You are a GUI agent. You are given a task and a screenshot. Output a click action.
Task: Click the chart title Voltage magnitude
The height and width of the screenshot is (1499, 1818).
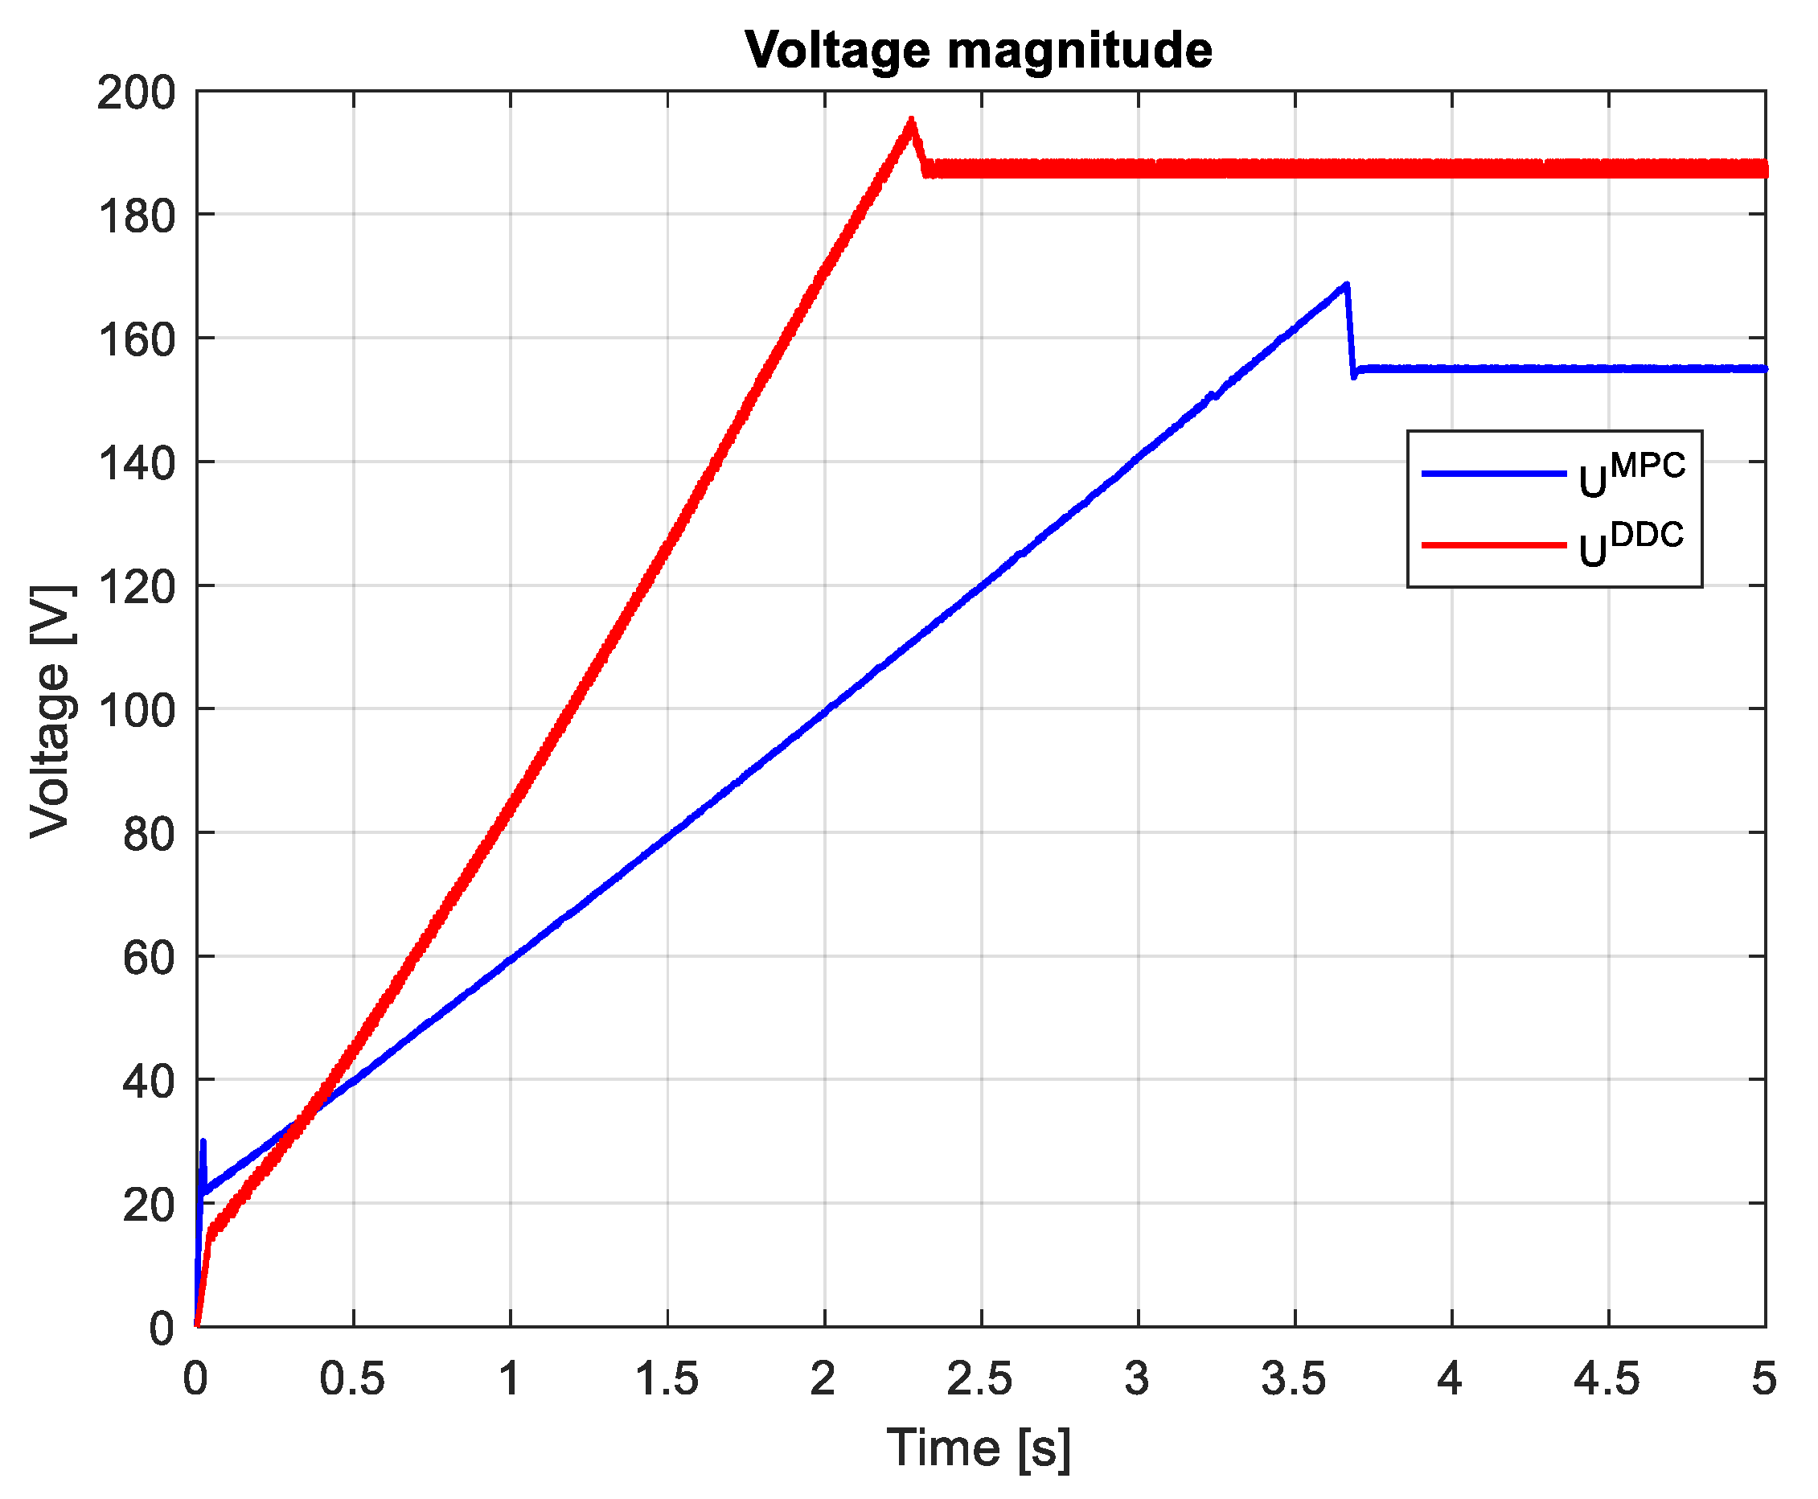978,50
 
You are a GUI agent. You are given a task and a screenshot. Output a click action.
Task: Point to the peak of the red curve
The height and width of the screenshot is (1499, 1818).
911,121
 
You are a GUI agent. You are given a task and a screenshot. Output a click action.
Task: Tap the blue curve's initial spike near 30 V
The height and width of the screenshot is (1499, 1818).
203,1143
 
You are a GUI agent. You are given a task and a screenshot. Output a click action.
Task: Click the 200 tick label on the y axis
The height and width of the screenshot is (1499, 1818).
136,92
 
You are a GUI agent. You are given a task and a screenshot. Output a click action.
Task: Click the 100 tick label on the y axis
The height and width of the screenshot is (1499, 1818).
136,710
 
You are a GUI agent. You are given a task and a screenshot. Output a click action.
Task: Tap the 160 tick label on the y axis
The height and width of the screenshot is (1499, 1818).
136,339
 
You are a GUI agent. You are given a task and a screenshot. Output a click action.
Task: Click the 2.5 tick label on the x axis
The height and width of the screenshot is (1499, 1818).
980,1379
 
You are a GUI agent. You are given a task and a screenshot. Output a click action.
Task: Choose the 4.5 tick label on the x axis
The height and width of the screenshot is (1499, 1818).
1607,1379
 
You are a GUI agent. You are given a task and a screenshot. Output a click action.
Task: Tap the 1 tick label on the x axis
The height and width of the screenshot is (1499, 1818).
509,1379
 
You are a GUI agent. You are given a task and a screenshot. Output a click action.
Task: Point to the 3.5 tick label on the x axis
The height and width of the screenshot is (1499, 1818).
1293,1379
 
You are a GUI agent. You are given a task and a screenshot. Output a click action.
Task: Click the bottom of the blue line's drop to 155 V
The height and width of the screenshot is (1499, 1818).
1353,376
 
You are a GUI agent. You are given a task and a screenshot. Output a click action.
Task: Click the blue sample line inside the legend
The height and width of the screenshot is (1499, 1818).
1492,473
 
